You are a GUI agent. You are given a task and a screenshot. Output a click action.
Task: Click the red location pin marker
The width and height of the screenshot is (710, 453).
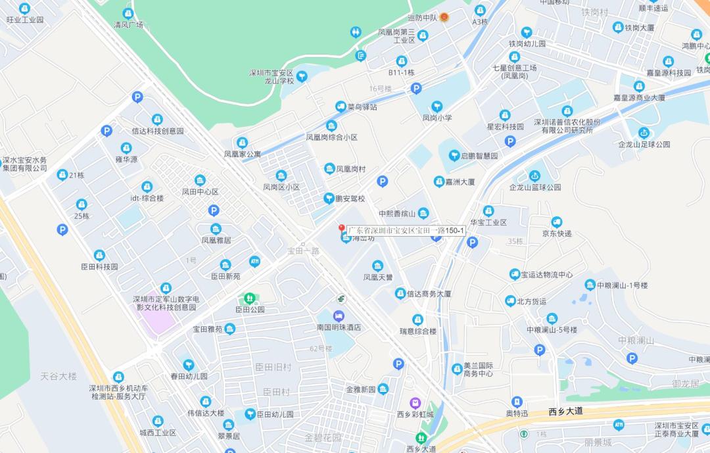(342, 229)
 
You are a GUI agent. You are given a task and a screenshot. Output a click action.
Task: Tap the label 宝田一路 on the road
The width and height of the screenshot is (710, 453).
(303, 250)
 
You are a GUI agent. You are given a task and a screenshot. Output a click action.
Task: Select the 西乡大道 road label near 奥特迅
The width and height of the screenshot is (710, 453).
(566, 411)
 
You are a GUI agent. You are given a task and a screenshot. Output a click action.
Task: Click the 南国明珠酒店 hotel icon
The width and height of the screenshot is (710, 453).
(339, 316)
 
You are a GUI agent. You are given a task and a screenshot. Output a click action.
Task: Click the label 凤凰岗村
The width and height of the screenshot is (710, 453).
(351, 169)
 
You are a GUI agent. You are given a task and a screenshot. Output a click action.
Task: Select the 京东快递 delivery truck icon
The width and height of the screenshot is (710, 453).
(557, 222)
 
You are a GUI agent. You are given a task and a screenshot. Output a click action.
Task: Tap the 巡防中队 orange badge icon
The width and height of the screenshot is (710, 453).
(444, 17)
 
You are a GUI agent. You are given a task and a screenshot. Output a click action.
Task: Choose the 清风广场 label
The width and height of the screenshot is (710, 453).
(128, 25)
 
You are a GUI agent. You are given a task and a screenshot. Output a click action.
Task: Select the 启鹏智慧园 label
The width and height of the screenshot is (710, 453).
(479, 156)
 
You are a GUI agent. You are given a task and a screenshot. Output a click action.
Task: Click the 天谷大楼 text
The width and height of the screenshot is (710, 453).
(59, 376)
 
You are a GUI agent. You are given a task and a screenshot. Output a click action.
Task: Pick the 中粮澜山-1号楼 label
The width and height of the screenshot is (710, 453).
(622, 285)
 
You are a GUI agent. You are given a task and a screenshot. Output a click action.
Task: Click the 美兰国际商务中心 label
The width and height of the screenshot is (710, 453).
(478, 370)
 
